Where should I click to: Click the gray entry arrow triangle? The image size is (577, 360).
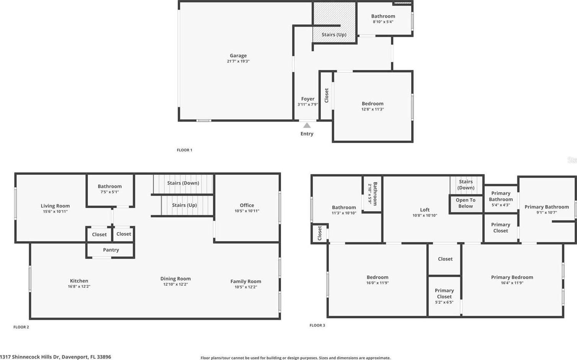[307, 125]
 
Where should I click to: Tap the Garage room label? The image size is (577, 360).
[238, 55]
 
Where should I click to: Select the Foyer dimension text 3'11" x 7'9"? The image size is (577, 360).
[307, 104]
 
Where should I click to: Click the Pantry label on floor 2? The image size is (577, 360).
[111, 250]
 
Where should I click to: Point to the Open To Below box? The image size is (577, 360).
[466, 203]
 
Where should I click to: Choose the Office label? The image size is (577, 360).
[247, 205]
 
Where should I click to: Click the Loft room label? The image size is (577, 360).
[425, 210]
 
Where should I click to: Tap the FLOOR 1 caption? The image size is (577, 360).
[185, 150]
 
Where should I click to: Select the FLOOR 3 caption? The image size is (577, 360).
[317, 325]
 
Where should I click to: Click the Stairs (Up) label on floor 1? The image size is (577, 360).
[334, 34]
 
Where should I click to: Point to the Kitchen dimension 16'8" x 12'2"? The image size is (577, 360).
[79, 287]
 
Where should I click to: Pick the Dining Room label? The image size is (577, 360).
[175, 279]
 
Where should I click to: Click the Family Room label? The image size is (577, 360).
[246, 282]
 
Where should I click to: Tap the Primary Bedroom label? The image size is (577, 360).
[512, 277]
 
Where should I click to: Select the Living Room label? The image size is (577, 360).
[55, 206]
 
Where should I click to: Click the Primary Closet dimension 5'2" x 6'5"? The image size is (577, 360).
[445, 302]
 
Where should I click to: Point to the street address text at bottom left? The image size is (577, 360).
[56, 357]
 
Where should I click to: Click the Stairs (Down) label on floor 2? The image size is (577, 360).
[183, 183]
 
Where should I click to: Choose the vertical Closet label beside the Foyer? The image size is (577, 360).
[326, 96]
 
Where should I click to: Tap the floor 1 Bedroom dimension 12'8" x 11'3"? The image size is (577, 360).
[373, 109]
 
